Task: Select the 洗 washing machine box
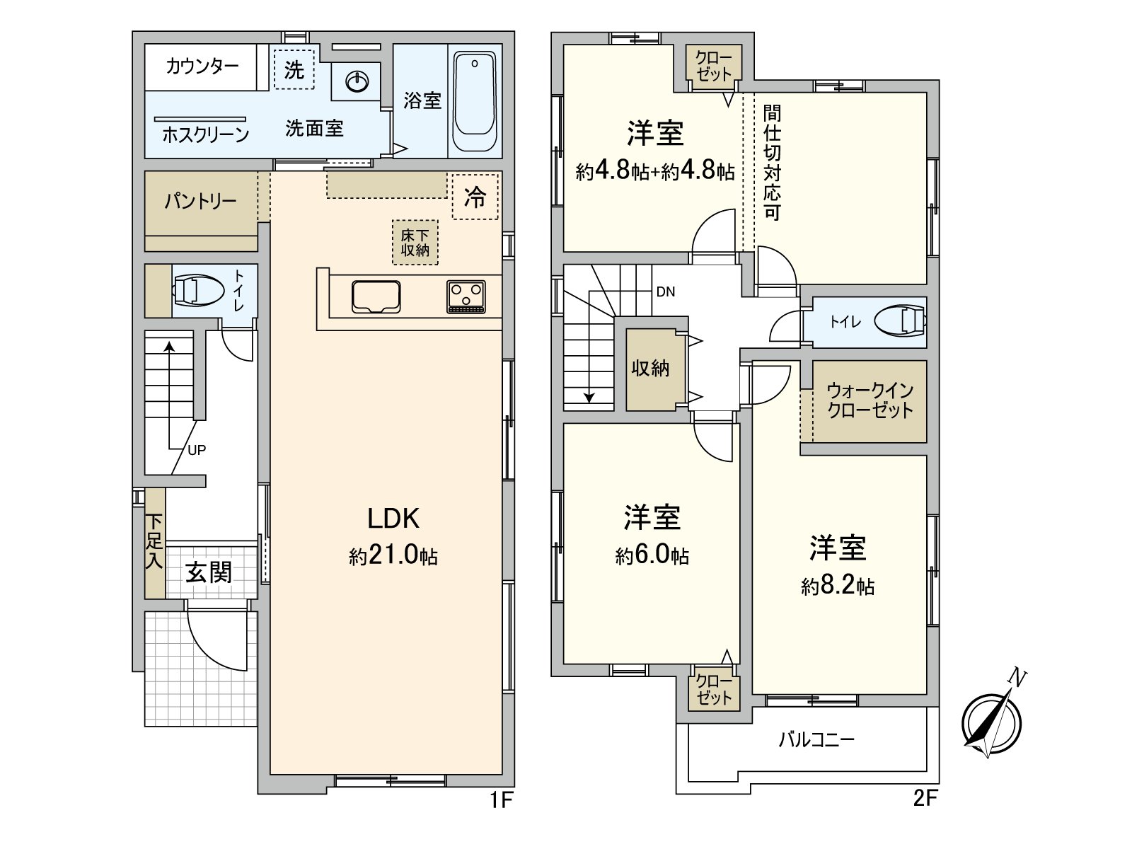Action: point(294,69)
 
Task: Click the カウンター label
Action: point(202,67)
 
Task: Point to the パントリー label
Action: point(200,202)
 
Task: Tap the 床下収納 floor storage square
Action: point(415,243)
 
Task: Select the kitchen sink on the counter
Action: point(376,296)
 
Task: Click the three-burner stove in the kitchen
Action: point(466,296)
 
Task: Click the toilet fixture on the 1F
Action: point(195,290)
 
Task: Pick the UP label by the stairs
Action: point(197,450)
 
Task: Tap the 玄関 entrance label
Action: point(209,572)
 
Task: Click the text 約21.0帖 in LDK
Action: point(393,557)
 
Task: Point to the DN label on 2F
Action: point(665,291)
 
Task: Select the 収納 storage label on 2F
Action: point(650,368)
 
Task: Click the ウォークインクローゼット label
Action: point(870,400)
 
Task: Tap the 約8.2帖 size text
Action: point(838,587)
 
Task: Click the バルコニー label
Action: point(816,740)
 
